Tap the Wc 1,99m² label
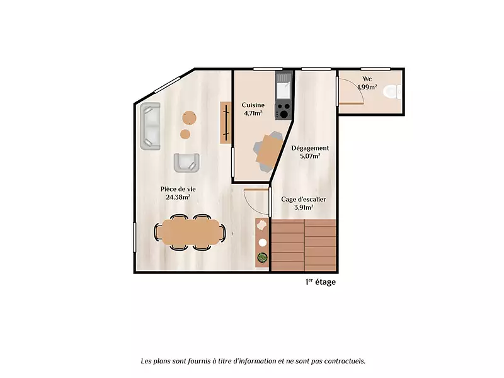click(367, 83)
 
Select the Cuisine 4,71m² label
click(253, 109)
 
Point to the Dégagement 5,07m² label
click(310, 152)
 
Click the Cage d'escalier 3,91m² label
click(304, 203)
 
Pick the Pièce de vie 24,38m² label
click(178, 193)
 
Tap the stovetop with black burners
click(283, 111)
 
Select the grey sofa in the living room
click(150, 126)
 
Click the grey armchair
click(186, 163)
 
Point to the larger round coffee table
click(190, 118)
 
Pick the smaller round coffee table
click(185, 134)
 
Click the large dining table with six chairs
click(190, 232)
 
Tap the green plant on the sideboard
click(262, 258)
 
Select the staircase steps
click(304, 245)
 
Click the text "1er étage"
click(321, 282)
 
